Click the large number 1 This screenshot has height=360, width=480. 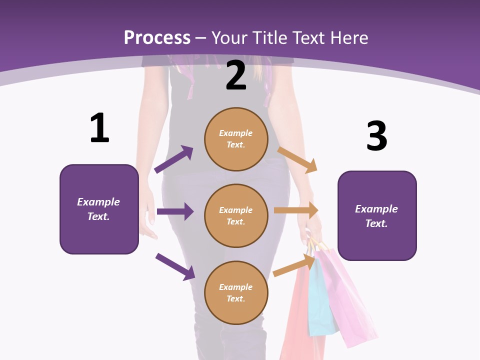pyautogui.click(x=99, y=128)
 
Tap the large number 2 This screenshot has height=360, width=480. pyautogui.click(x=236, y=76)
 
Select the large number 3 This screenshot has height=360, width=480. pyautogui.click(x=376, y=136)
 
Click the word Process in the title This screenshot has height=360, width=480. pyautogui.click(x=157, y=37)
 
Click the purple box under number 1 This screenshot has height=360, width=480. pyautogui.click(x=99, y=209)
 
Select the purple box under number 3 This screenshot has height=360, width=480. pyautogui.click(x=377, y=215)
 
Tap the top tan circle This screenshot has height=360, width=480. pyautogui.click(x=236, y=139)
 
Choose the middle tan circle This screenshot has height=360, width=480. pyautogui.click(x=236, y=215)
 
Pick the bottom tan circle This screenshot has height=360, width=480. pyautogui.click(x=236, y=292)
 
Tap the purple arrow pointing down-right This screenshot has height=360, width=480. pyautogui.click(x=175, y=266)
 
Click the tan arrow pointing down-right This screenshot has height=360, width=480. pyautogui.click(x=297, y=159)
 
